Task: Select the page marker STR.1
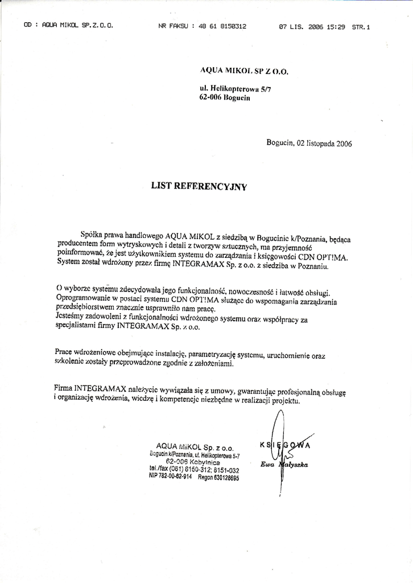tap(361, 26)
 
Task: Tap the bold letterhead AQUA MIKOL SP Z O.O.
tap(245, 71)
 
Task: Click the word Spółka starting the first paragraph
tap(93, 233)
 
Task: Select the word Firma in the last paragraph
tap(63, 388)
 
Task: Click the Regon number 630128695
tap(218, 478)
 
